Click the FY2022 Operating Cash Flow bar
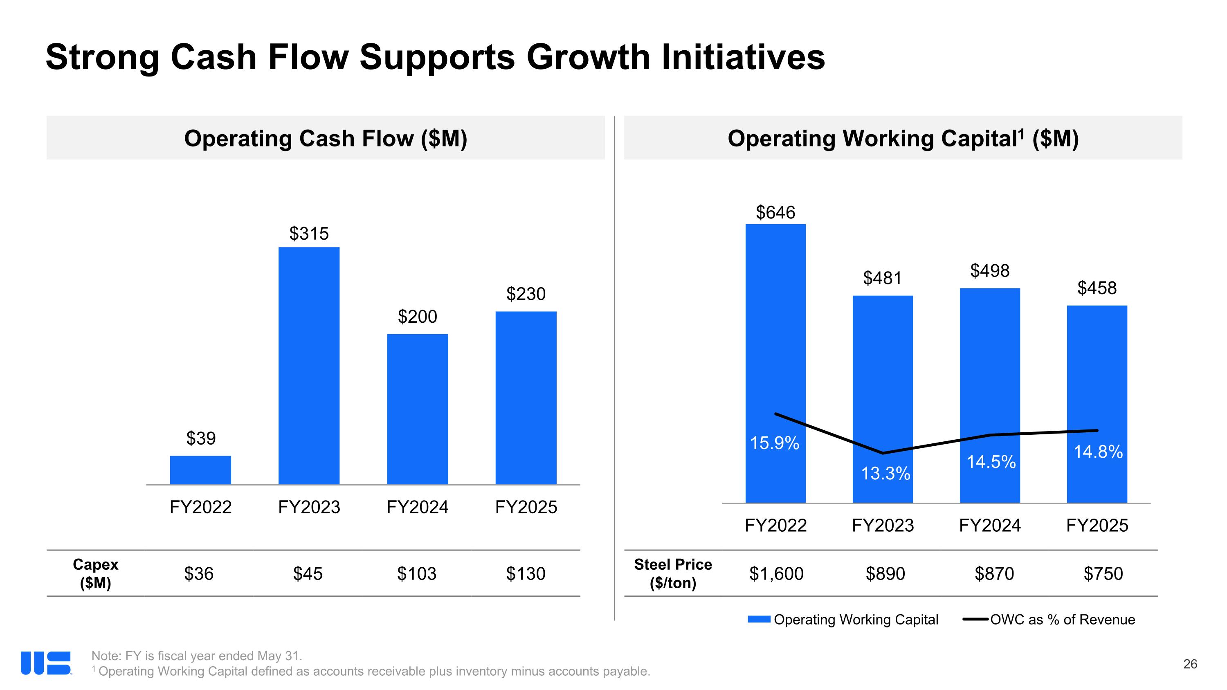200,470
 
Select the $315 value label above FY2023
309,233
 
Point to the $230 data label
526,294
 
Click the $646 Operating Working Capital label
775,212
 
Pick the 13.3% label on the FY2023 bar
885,473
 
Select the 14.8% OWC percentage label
1098,452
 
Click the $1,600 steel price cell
776,573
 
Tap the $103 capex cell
417,573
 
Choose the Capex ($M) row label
95,573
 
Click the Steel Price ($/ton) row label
672,573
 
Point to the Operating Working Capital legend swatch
759,619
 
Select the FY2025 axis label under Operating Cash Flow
526,507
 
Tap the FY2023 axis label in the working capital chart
883,525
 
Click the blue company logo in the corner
46,663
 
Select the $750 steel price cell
1103,573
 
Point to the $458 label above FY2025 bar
1097,288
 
